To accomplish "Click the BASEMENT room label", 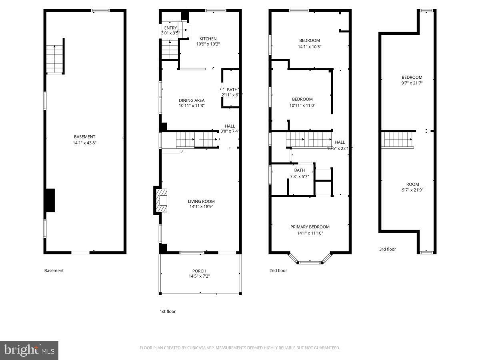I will pyautogui.click(x=84, y=137).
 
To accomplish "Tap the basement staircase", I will pyautogui.click(x=55, y=59).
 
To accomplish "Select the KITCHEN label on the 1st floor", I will pyautogui.click(x=208, y=39).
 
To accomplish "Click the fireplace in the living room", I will pyautogui.click(x=161, y=201).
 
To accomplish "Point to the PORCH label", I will pyautogui.click(x=199, y=271).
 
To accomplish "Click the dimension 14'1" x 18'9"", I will pyautogui.click(x=201, y=207).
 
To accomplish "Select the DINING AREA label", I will pyautogui.click(x=192, y=100).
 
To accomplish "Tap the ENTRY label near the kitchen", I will pyautogui.click(x=170, y=28).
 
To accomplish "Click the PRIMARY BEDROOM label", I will pyautogui.click(x=310, y=227).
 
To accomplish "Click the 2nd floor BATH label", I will pyautogui.click(x=299, y=170).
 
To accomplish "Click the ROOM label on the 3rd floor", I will pyautogui.click(x=412, y=184).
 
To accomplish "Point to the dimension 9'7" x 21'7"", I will pyautogui.click(x=412, y=83).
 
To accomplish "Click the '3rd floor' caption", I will pyautogui.click(x=387, y=249).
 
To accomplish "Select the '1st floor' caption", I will pyautogui.click(x=167, y=311).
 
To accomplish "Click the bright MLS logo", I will pyautogui.click(x=29, y=350).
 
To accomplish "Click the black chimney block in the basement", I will pyautogui.click(x=50, y=200).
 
